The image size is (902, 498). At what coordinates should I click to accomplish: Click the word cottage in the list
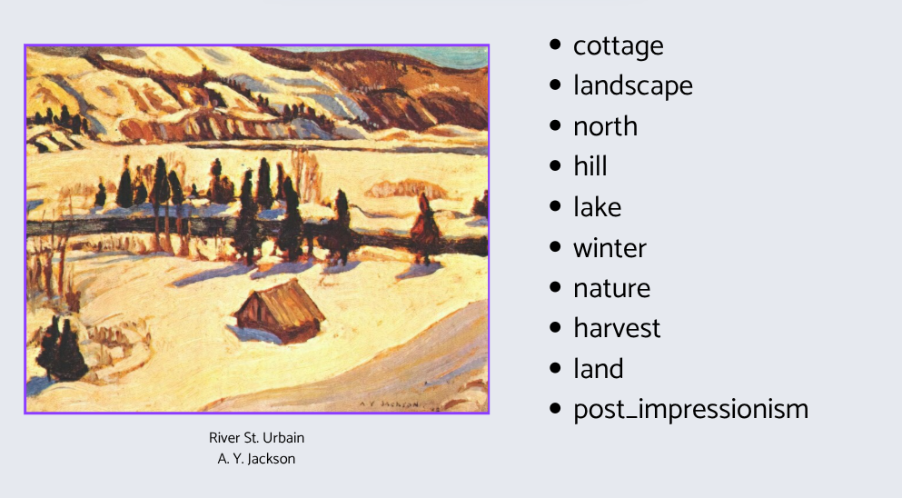tap(619, 46)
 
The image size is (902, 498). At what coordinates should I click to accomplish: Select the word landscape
tap(633, 85)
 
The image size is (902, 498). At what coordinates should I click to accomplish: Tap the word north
tap(605, 126)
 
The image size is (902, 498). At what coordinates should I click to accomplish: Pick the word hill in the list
tap(590, 165)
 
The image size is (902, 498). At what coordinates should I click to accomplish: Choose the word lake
tap(597, 206)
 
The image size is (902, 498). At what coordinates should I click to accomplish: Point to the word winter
tap(610, 247)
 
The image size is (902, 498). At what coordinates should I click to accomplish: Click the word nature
tap(611, 288)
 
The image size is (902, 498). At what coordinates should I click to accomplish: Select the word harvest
tap(617, 328)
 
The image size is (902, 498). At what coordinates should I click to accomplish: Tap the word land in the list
tap(599, 368)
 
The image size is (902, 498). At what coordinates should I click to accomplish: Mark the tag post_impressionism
tap(691, 410)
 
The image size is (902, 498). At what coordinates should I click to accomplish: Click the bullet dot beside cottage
tap(555, 45)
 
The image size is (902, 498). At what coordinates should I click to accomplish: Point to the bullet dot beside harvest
tap(555, 327)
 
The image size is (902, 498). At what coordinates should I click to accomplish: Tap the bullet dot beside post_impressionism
tap(555, 408)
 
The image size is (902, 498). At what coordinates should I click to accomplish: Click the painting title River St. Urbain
tap(256, 437)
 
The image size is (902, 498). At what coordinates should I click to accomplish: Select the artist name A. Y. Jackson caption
tap(256, 459)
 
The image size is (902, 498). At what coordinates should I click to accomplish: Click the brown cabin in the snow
tap(280, 311)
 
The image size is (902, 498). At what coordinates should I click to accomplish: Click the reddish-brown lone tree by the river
tap(425, 226)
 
